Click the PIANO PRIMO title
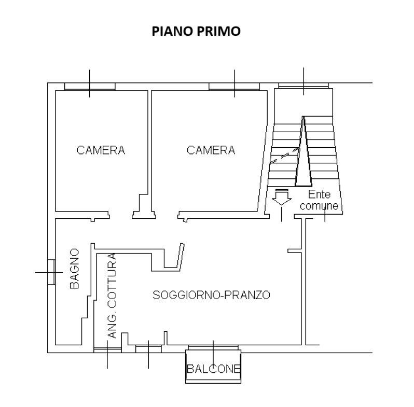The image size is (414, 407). (x=196, y=31)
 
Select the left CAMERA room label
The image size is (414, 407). (x=101, y=150)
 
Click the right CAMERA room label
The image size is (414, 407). (x=211, y=150)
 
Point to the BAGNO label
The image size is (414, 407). (x=74, y=269)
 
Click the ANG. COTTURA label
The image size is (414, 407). (x=113, y=296)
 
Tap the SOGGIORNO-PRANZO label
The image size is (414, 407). (x=211, y=295)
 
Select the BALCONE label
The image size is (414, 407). (x=213, y=369)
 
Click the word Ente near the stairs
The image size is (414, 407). (x=319, y=194)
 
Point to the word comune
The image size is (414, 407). (x=319, y=206)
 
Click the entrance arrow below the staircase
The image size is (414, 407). (x=282, y=197)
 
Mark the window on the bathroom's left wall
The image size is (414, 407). (x=51, y=272)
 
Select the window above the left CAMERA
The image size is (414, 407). (x=90, y=87)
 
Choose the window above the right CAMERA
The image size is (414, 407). (x=234, y=87)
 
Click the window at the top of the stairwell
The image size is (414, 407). (x=303, y=86)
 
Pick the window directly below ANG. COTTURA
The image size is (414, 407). (x=107, y=350)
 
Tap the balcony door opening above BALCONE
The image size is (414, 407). (x=213, y=347)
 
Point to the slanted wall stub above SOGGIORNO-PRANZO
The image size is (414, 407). (x=181, y=257)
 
